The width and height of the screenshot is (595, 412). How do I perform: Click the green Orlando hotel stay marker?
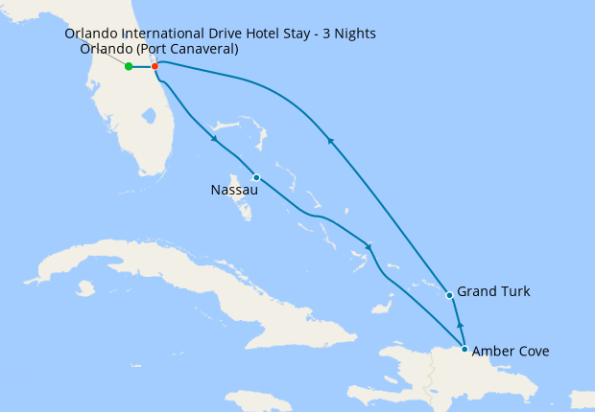click(129, 66)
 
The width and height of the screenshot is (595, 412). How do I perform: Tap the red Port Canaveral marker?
click(155, 66)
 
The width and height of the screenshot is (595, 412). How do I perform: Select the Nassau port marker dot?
click(256, 177)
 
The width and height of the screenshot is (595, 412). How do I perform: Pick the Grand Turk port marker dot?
click(450, 295)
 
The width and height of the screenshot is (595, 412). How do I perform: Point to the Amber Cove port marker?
click(464, 349)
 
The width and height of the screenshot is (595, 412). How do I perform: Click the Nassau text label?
click(233, 191)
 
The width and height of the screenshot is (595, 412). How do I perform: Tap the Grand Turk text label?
click(493, 291)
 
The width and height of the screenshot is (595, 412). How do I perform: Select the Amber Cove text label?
click(511, 352)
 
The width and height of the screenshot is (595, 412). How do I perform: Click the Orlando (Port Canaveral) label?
click(159, 49)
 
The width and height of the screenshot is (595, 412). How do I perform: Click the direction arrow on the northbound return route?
click(330, 141)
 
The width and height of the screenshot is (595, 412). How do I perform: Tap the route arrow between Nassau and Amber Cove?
click(369, 245)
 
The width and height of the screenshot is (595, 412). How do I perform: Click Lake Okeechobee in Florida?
click(148, 117)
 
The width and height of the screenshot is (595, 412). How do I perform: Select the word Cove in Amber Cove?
click(532, 352)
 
